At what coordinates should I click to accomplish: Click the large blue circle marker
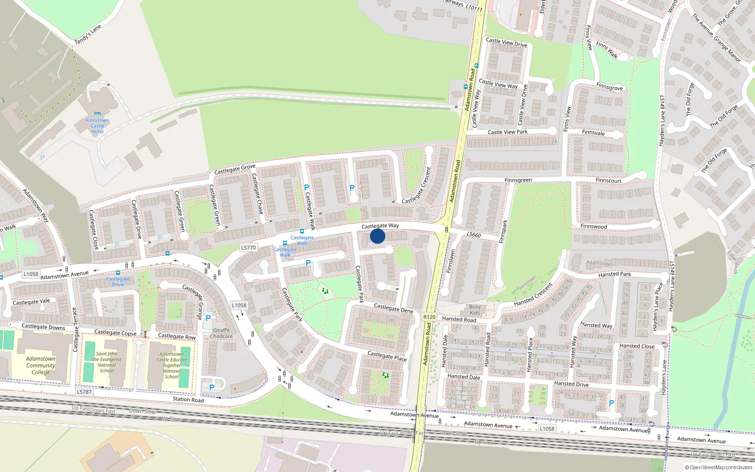[x=377, y=236]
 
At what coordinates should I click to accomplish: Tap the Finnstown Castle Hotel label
[x=97, y=126]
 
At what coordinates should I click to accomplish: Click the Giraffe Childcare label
[x=221, y=333]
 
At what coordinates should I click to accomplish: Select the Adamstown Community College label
[x=41, y=365]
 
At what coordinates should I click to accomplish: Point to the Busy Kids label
[x=475, y=310]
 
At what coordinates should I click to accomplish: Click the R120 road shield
[x=429, y=317]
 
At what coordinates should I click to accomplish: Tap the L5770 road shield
[x=249, y=247]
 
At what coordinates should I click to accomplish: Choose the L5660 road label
[x=473, y=235]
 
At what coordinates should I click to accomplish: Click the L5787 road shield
[x=84, y=392]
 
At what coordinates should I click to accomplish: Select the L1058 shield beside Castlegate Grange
[x=239, y=305]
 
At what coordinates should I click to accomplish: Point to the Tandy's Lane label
[x=88, y=34]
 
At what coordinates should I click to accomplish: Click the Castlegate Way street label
[x=380, y=226]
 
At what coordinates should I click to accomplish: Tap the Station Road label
[x=188, y=399]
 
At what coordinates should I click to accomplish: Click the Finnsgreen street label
[x=518, y=180]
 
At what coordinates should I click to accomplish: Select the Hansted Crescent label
[x=533, y=295]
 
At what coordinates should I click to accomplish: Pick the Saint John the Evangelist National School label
[x=107, y=362]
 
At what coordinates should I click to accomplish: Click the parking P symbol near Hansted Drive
[x=612, y=403]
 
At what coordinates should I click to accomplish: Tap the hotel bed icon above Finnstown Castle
[x=97, y=114]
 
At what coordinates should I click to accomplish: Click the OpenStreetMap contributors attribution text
[x=718, y=468]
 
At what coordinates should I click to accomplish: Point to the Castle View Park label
[x=507, y=132]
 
